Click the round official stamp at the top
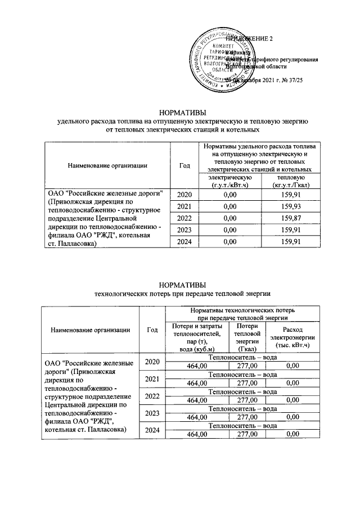[x=220, y=60]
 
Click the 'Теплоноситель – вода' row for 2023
[x=242, y=412]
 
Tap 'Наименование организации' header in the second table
[x=91, y=330]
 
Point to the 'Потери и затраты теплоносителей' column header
[x=197, y=337]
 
